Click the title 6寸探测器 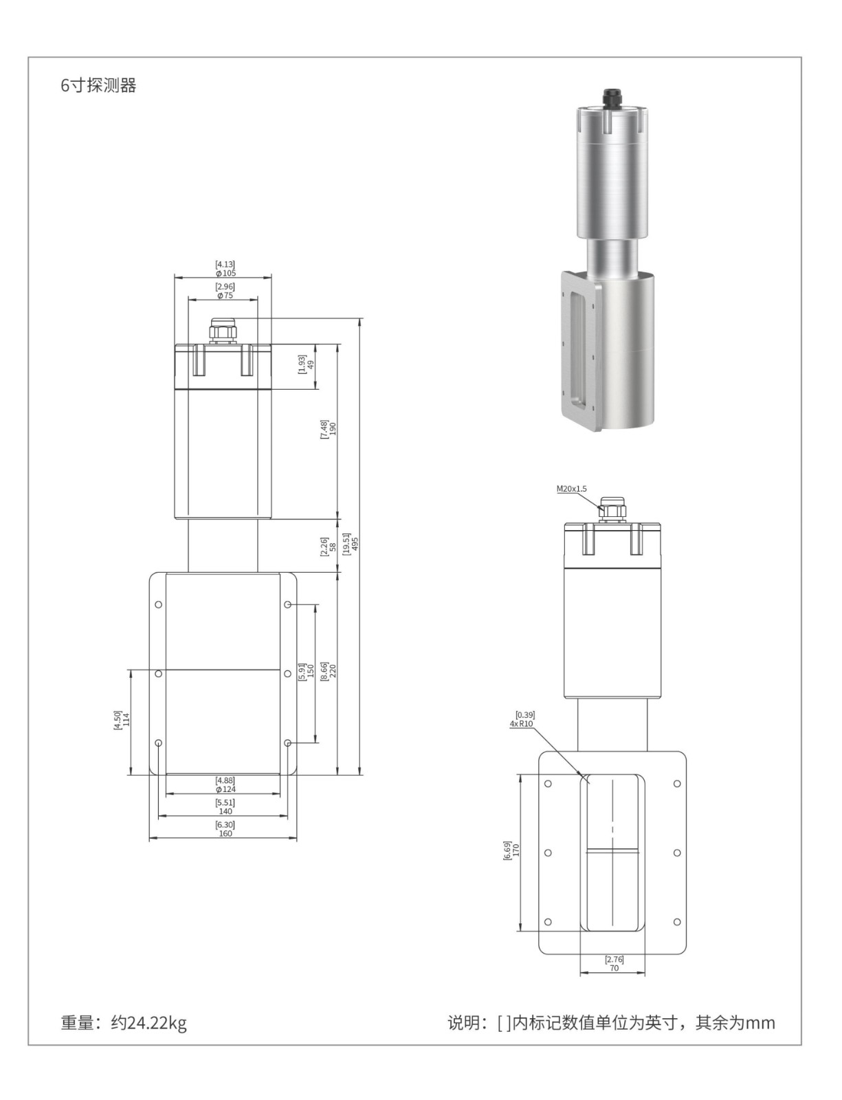(98, 85)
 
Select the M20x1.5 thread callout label (571, 489)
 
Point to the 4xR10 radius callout (521, 724)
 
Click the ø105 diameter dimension (225, 274)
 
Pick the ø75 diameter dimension (225, 296)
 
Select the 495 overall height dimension (355, 544)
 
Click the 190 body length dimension (333, 429)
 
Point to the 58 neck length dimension (333, 547)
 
